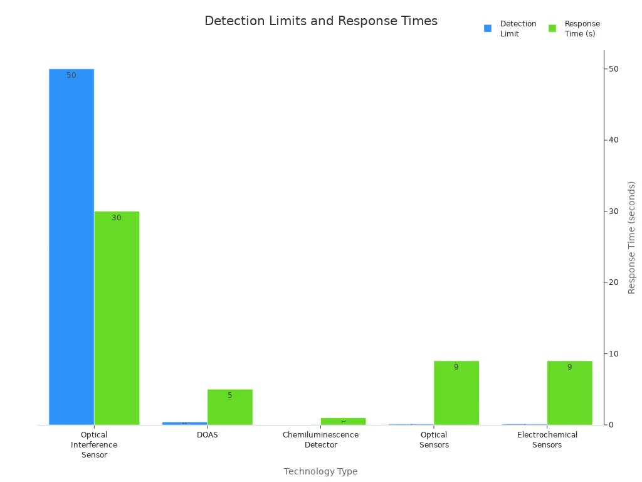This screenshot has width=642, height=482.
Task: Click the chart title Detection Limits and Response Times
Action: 320,21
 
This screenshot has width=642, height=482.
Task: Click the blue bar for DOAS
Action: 184,423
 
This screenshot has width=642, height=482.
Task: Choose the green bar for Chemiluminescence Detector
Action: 343,421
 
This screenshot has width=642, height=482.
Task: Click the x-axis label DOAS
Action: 207,435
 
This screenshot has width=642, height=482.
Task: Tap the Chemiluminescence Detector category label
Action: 320,439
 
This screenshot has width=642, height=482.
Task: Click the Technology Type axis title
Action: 320,471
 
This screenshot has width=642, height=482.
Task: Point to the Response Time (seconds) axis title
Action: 632,237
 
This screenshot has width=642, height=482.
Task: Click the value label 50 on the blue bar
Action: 71,75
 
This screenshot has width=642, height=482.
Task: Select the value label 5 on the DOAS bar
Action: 229,395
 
